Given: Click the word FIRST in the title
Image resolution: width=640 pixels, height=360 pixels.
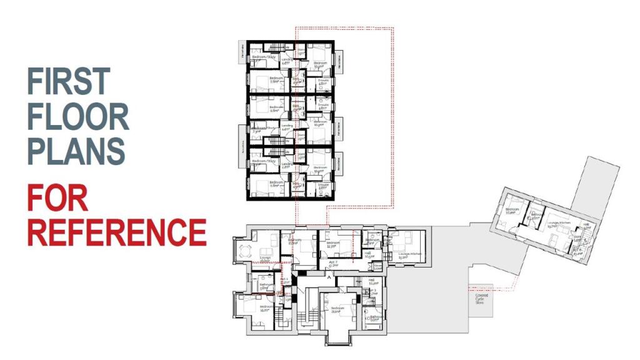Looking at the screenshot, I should click(69, 81).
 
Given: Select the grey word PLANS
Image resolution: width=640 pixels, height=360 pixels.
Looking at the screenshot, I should click(76, 151).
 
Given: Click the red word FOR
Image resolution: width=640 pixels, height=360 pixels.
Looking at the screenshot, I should click(57, 197).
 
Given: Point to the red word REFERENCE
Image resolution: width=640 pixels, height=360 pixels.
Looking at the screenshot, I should click(116, 232).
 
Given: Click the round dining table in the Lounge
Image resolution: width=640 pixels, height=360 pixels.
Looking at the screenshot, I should click(244, 251).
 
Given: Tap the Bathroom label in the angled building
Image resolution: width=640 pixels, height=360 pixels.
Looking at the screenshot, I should click(536, 216).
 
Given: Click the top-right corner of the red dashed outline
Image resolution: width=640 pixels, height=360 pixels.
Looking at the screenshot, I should click(392, 27).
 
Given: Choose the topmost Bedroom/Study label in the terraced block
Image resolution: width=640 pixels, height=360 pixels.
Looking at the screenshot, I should click(263, 57).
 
